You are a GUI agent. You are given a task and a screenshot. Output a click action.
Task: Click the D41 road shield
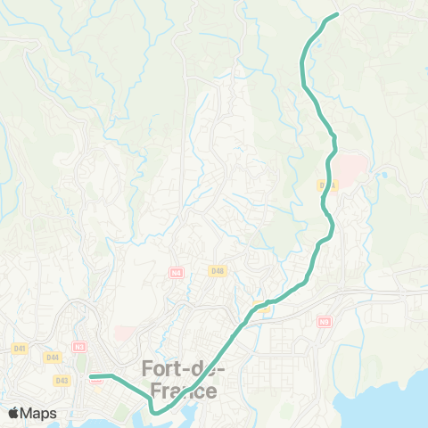(x=19, y=347)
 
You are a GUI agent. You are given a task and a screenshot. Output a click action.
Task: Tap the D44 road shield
(x=53, y=357)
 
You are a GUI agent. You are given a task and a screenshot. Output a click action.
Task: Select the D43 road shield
(x=62, y=380)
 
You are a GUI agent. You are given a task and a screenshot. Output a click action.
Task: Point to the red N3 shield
(x=79, y=345)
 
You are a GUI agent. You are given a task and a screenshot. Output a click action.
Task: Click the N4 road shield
(x=177, y=272)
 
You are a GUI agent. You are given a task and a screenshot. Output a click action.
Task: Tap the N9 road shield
(x=323, y=321)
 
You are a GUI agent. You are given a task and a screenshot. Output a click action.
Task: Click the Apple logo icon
(x=14, y=413)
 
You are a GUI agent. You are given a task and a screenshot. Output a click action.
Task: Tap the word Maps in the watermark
(x=39, y=413)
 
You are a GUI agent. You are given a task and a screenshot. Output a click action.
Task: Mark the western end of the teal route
(x=91, y=376)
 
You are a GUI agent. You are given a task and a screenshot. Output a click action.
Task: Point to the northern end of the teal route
(x=337, y=14)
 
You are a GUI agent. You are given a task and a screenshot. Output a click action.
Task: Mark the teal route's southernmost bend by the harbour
(x=153, y=411)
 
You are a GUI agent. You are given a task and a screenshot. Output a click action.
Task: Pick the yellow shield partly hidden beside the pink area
(x=323, y=185)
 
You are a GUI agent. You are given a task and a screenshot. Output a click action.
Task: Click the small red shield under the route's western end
(x=96, y=382)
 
